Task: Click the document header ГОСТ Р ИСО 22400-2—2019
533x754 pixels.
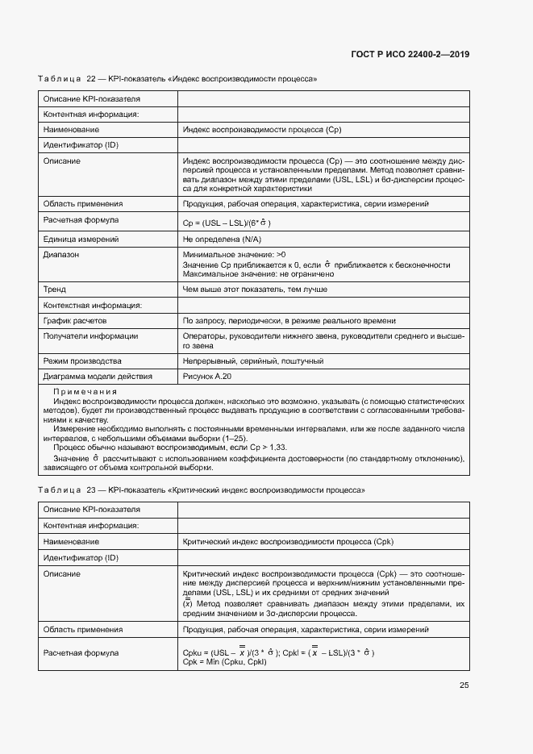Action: (410, 54)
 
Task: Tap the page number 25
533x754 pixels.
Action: (464, 685)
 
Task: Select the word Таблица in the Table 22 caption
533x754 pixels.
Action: (60, 79)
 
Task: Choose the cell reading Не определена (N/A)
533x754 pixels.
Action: (222, 240)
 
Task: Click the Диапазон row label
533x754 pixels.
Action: (62, 254)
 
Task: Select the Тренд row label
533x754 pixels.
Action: (55, 289)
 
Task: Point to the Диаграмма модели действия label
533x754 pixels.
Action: (98, 375)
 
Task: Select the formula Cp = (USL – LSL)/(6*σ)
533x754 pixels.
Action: (227, 223)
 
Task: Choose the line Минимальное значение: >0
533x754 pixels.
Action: (234, 254)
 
